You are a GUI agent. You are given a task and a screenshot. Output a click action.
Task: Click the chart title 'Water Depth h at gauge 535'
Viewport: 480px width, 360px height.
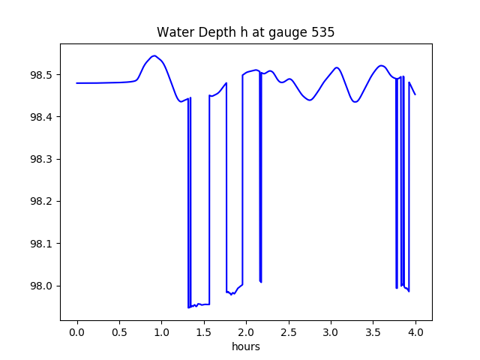(x=246, y=32)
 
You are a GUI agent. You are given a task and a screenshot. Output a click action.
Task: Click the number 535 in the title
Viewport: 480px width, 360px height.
(x=323, y=32)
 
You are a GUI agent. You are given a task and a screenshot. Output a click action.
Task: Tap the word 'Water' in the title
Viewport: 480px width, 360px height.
(x=174, y=32)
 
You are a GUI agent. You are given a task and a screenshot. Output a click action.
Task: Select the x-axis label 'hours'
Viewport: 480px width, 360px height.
(x=246, y=347)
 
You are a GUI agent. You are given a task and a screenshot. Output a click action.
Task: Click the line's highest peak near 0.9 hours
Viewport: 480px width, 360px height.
(x=154, y=55)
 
